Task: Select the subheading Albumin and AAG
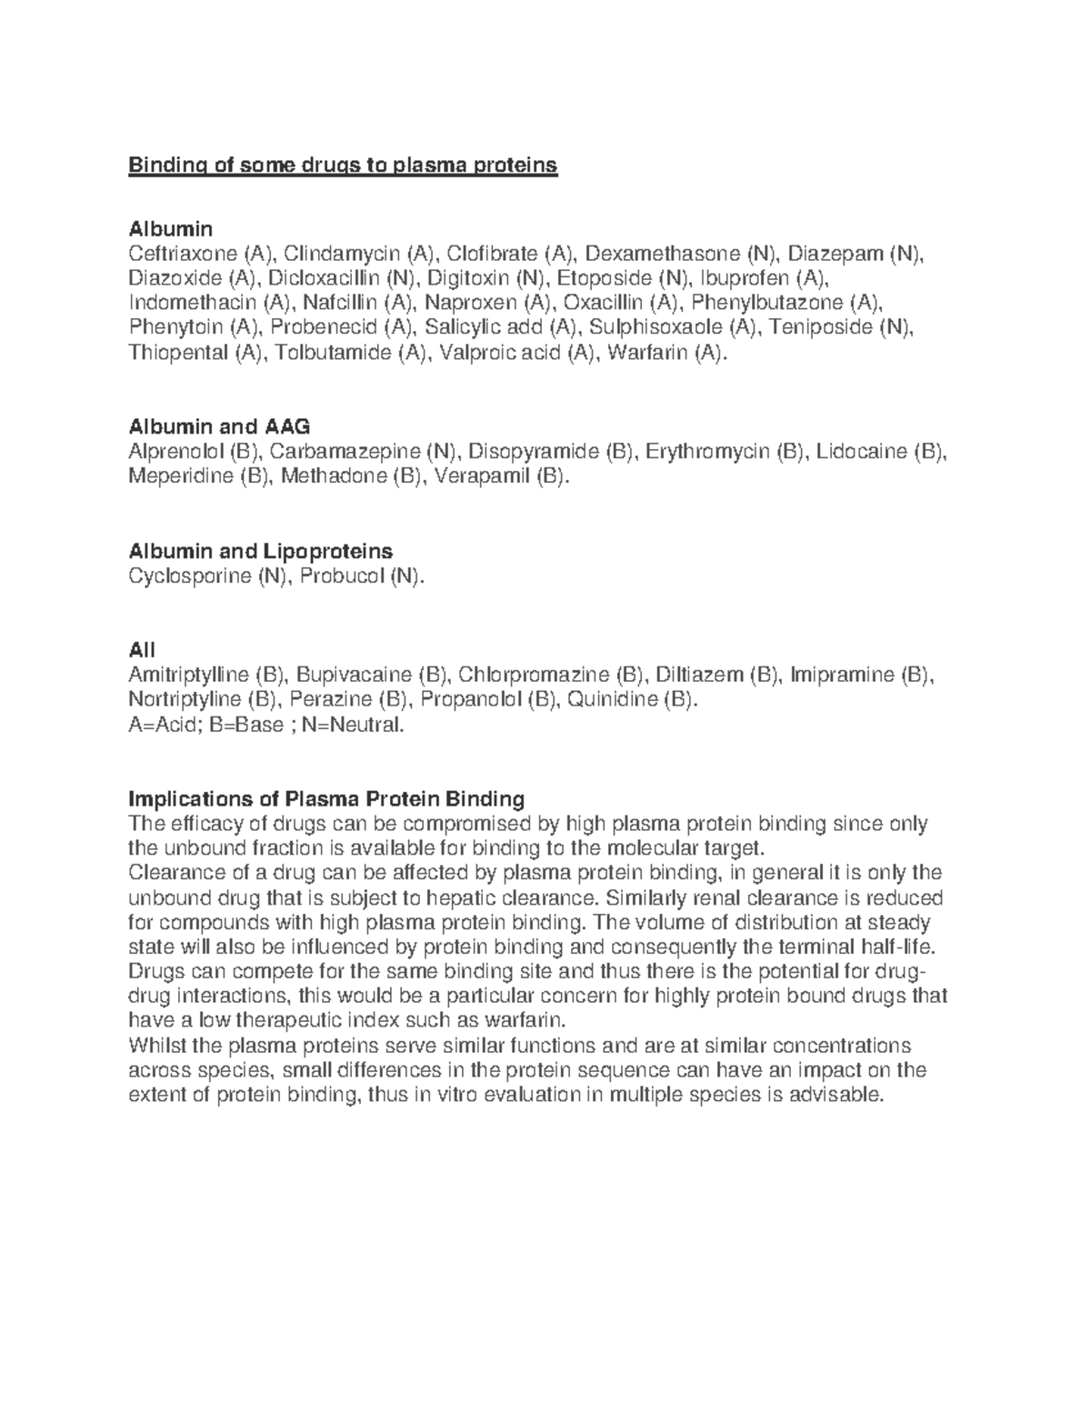tap(219, 426)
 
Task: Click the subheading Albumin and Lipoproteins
tap(261, 551)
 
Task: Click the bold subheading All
tap(142, 650)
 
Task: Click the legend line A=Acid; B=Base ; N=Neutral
tap(265, 725)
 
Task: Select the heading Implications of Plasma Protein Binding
tap(327, 799)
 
